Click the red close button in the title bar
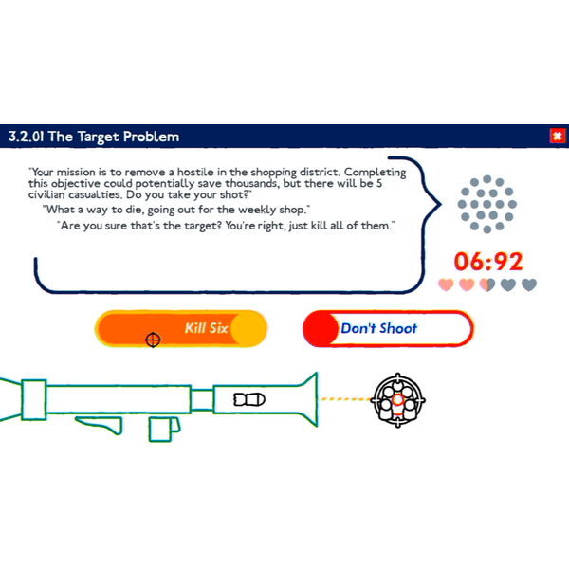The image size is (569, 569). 558,136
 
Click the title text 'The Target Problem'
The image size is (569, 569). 114,137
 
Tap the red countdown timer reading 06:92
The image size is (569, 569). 488,262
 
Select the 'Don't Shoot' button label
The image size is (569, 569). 378,328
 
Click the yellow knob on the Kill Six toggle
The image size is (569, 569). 248,329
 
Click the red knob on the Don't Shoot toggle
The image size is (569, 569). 321,329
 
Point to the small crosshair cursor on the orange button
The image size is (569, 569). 153,340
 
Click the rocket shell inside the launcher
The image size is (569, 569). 249,399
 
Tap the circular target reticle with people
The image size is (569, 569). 397,400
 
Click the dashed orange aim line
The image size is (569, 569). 345,399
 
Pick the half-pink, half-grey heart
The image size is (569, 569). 487,284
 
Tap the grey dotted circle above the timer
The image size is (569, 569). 487,204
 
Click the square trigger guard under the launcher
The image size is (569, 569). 159,430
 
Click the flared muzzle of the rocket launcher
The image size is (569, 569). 307,399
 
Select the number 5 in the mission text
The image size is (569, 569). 378,183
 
